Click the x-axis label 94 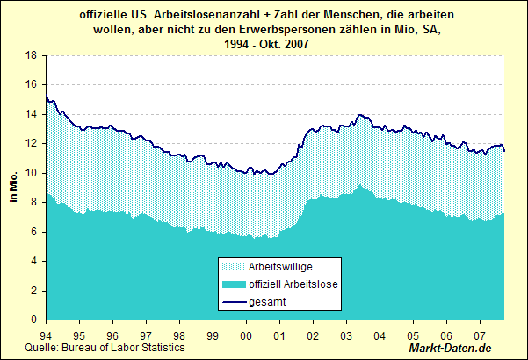46,336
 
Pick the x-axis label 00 246,336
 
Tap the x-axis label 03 346,336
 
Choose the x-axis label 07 480,336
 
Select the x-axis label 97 146,336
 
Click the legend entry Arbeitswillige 280,266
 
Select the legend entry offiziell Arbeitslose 294,284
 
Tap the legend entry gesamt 268,302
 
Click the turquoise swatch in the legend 232,284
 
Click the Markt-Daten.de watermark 476,349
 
